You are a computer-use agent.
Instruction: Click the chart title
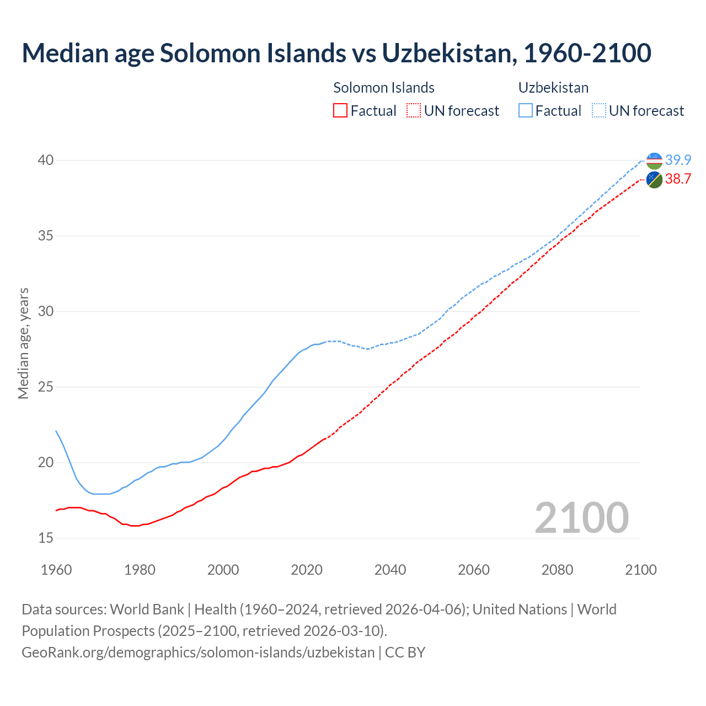pos(336,53)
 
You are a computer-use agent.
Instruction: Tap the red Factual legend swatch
pos(340,111)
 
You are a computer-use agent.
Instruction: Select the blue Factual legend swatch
pos(526,111)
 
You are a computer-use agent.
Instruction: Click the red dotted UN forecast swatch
pos(414,111)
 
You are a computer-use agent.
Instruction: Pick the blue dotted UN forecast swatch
pos(599,111)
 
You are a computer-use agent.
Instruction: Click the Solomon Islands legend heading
pos(384,88)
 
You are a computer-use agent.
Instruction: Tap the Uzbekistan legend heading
pos(553,88)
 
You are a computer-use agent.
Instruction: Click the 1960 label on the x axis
pos(56,570)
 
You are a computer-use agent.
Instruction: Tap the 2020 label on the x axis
pos(307,570)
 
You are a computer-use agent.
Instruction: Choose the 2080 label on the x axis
pos(557,570)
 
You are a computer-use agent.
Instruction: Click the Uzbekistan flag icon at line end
pos(654,161)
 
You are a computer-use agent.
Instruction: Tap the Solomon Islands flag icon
pos(654,180)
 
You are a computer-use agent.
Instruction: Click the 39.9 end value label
pos(678,161)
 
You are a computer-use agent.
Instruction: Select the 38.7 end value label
pos(678,179)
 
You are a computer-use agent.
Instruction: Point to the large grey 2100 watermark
pos(581,518)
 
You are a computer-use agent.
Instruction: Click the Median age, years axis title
pos(23,343)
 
